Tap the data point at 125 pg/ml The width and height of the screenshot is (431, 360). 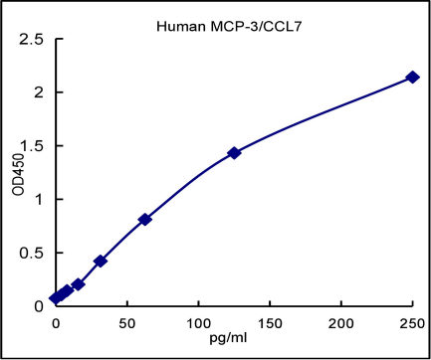coord(234,153)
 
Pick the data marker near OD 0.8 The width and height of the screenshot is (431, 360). coord(144,219)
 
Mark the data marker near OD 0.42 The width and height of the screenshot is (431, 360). coord(100,261)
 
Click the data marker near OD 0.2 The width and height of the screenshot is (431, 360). coord(78,284)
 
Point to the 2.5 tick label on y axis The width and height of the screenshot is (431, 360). coord(34,40)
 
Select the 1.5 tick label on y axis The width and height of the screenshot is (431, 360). coord(34,146)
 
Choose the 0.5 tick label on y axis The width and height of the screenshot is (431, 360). coord(34,253)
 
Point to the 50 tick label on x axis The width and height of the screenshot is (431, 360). coord(126,324)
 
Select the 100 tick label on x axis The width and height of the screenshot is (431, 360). coord(198,324)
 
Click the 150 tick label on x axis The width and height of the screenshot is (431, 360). coord(270,324)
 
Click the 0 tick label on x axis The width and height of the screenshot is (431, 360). coord(55,324)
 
